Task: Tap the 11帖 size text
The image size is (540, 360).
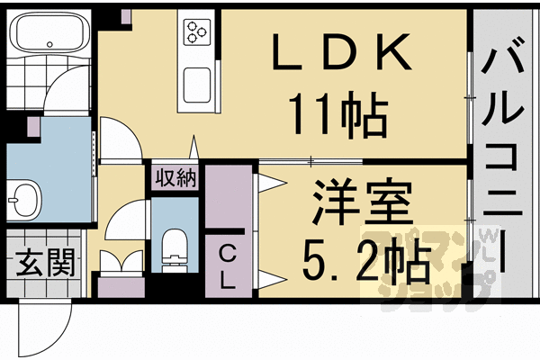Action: click(x=337, y=112)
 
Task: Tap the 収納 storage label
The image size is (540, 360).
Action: click(x=175, y=177)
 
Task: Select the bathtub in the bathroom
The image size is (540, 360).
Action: click(x=47, y=37)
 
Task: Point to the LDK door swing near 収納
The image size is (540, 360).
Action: click(x=117, y=144)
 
